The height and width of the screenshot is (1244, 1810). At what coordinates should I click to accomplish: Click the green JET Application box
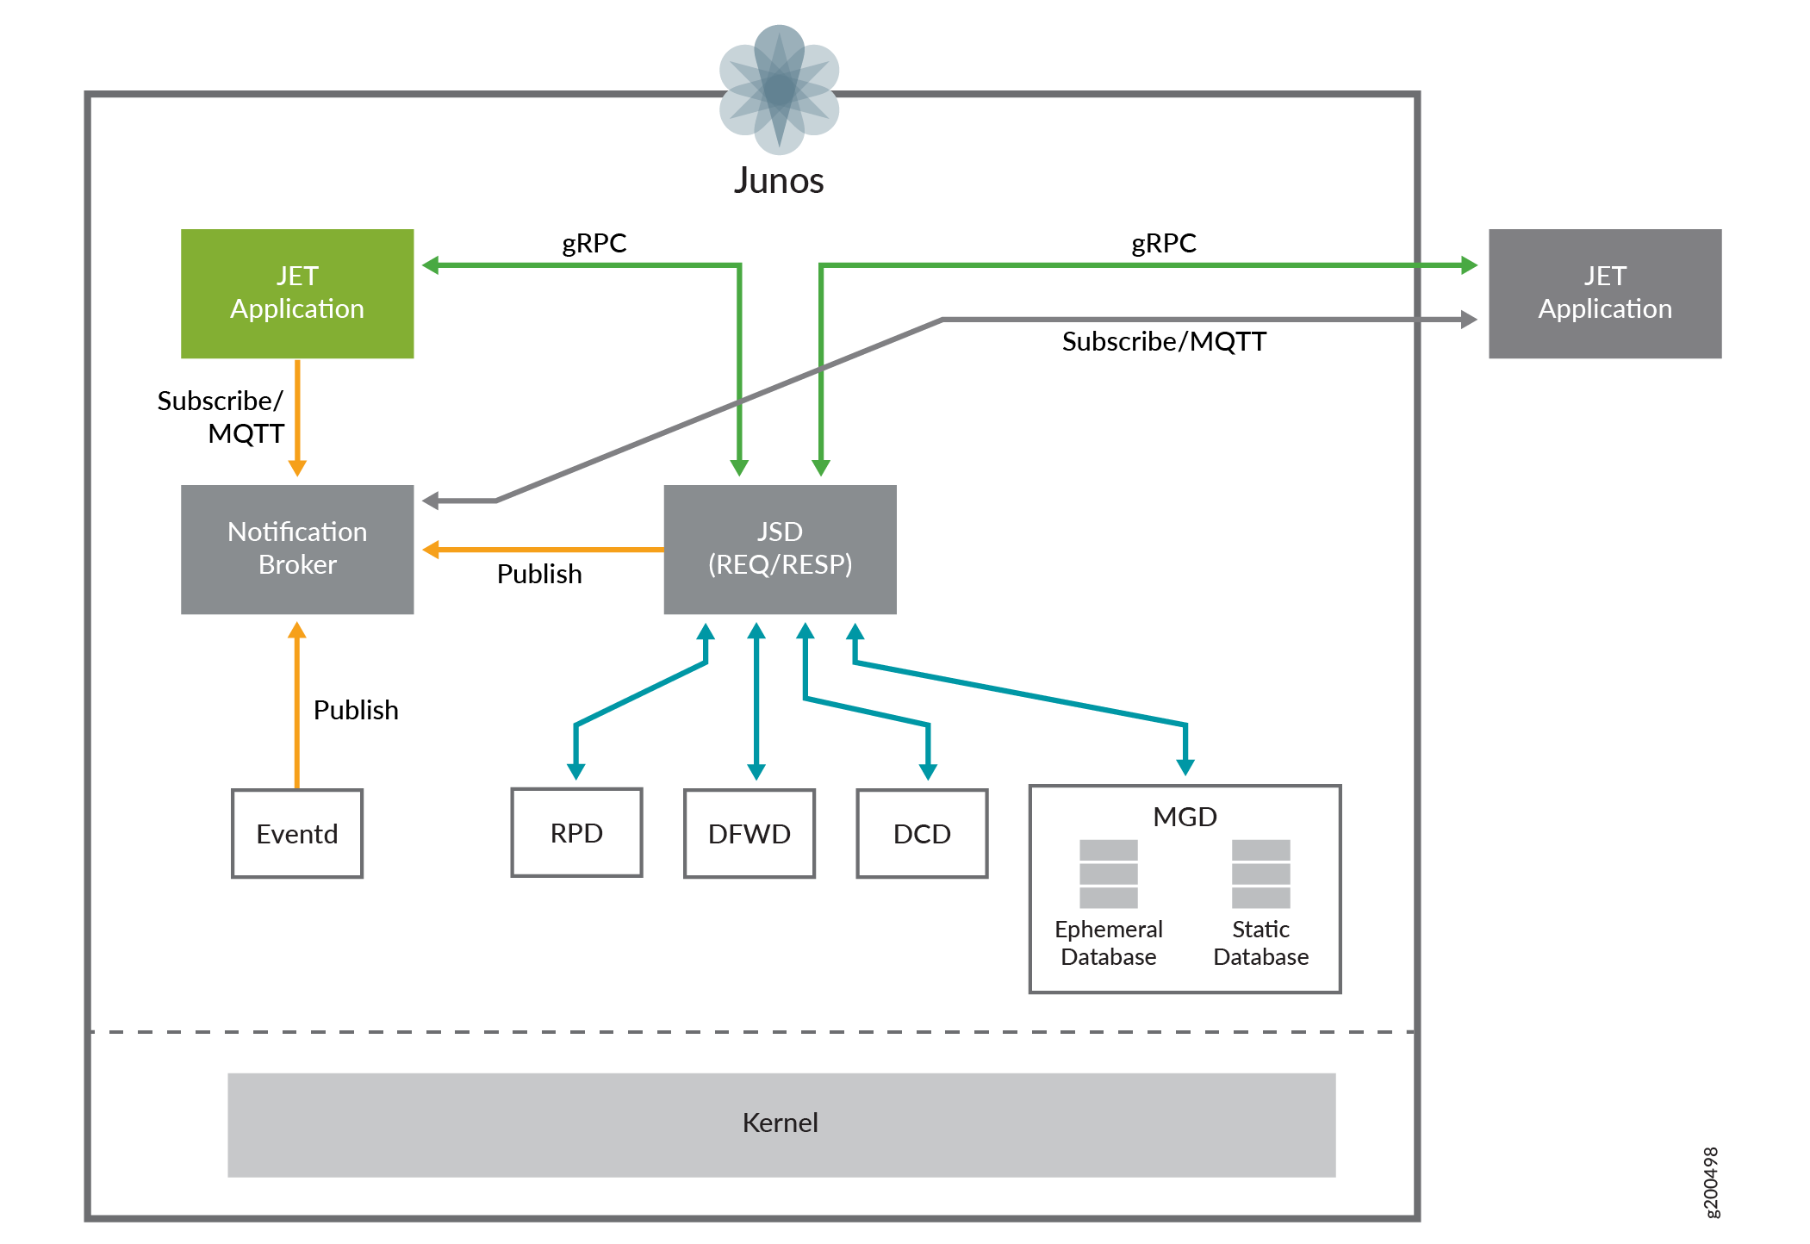[297, 293]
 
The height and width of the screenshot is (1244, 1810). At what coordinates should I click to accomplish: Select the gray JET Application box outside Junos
[1604, 293]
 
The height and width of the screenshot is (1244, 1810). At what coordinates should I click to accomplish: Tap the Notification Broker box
[297, 549]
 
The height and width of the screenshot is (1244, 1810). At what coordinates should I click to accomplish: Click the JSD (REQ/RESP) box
[780, 549]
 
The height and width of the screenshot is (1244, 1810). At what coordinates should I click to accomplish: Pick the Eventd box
[297, 833]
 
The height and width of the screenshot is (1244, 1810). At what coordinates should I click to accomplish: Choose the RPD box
[576, 832]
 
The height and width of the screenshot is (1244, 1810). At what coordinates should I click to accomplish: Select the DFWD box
[749, 833]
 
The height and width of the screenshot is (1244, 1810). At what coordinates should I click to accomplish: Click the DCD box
[922, 833]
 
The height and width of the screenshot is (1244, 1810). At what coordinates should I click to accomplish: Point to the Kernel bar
[781, 1123]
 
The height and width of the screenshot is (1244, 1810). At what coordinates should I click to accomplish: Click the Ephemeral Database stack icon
[1109, 874]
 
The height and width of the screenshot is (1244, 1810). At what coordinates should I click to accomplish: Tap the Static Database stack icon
[1260, 874]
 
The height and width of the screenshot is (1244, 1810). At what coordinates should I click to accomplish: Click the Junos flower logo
[779, 89]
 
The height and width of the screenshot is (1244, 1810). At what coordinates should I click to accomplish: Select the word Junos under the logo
[779, 181]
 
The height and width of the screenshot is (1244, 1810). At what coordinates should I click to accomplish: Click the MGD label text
[1185, 816]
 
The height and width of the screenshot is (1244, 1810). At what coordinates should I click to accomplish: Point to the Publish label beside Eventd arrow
[356, 710]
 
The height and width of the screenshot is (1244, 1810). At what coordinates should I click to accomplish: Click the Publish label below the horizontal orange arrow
[539, 574]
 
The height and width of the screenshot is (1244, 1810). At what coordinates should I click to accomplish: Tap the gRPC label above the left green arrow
[594, 243]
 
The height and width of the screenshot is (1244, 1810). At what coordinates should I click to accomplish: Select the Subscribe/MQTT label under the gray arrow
[1164, 341]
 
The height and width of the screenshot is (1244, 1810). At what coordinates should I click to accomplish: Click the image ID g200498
[1711, 1182]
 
